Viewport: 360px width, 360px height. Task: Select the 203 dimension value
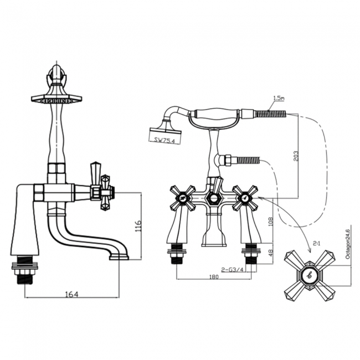[x=295, y=156]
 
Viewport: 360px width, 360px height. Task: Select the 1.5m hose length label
[x=277, y=99]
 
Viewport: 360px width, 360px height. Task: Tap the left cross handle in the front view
[x=182, y=198]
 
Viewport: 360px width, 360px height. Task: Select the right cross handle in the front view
[x=244, y=198]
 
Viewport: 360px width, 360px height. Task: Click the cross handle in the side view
[x=103, y=192]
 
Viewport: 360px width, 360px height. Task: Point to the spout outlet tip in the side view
[x=119, y=256]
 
